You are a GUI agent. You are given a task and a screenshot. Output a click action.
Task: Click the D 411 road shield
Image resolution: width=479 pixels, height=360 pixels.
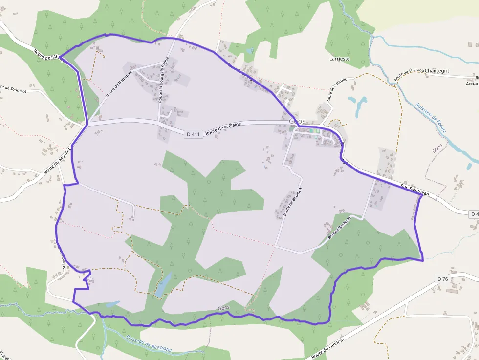pos(194,134)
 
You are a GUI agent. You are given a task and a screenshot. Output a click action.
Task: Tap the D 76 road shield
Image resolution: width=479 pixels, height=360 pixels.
pos(442,279)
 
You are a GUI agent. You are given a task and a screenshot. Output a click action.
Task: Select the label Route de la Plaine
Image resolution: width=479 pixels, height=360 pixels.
pos(223,128)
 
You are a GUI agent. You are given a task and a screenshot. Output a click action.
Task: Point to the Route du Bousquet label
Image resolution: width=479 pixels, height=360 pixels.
pos(118,84)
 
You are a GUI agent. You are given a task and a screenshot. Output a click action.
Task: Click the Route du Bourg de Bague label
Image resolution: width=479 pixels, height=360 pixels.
pos(164,79)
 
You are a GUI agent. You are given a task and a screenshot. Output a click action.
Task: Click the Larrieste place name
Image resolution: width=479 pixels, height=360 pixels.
pos(340,59)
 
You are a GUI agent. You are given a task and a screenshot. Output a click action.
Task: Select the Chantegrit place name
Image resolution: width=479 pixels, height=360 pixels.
pos(437,71)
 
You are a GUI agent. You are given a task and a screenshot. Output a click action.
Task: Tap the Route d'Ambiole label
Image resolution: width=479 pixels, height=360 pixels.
pos(340,228)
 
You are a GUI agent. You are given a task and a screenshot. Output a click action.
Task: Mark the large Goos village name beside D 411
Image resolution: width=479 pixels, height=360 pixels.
pos(297,121)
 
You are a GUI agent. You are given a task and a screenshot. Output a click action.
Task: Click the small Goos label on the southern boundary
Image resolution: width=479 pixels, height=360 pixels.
pos(223,308)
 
